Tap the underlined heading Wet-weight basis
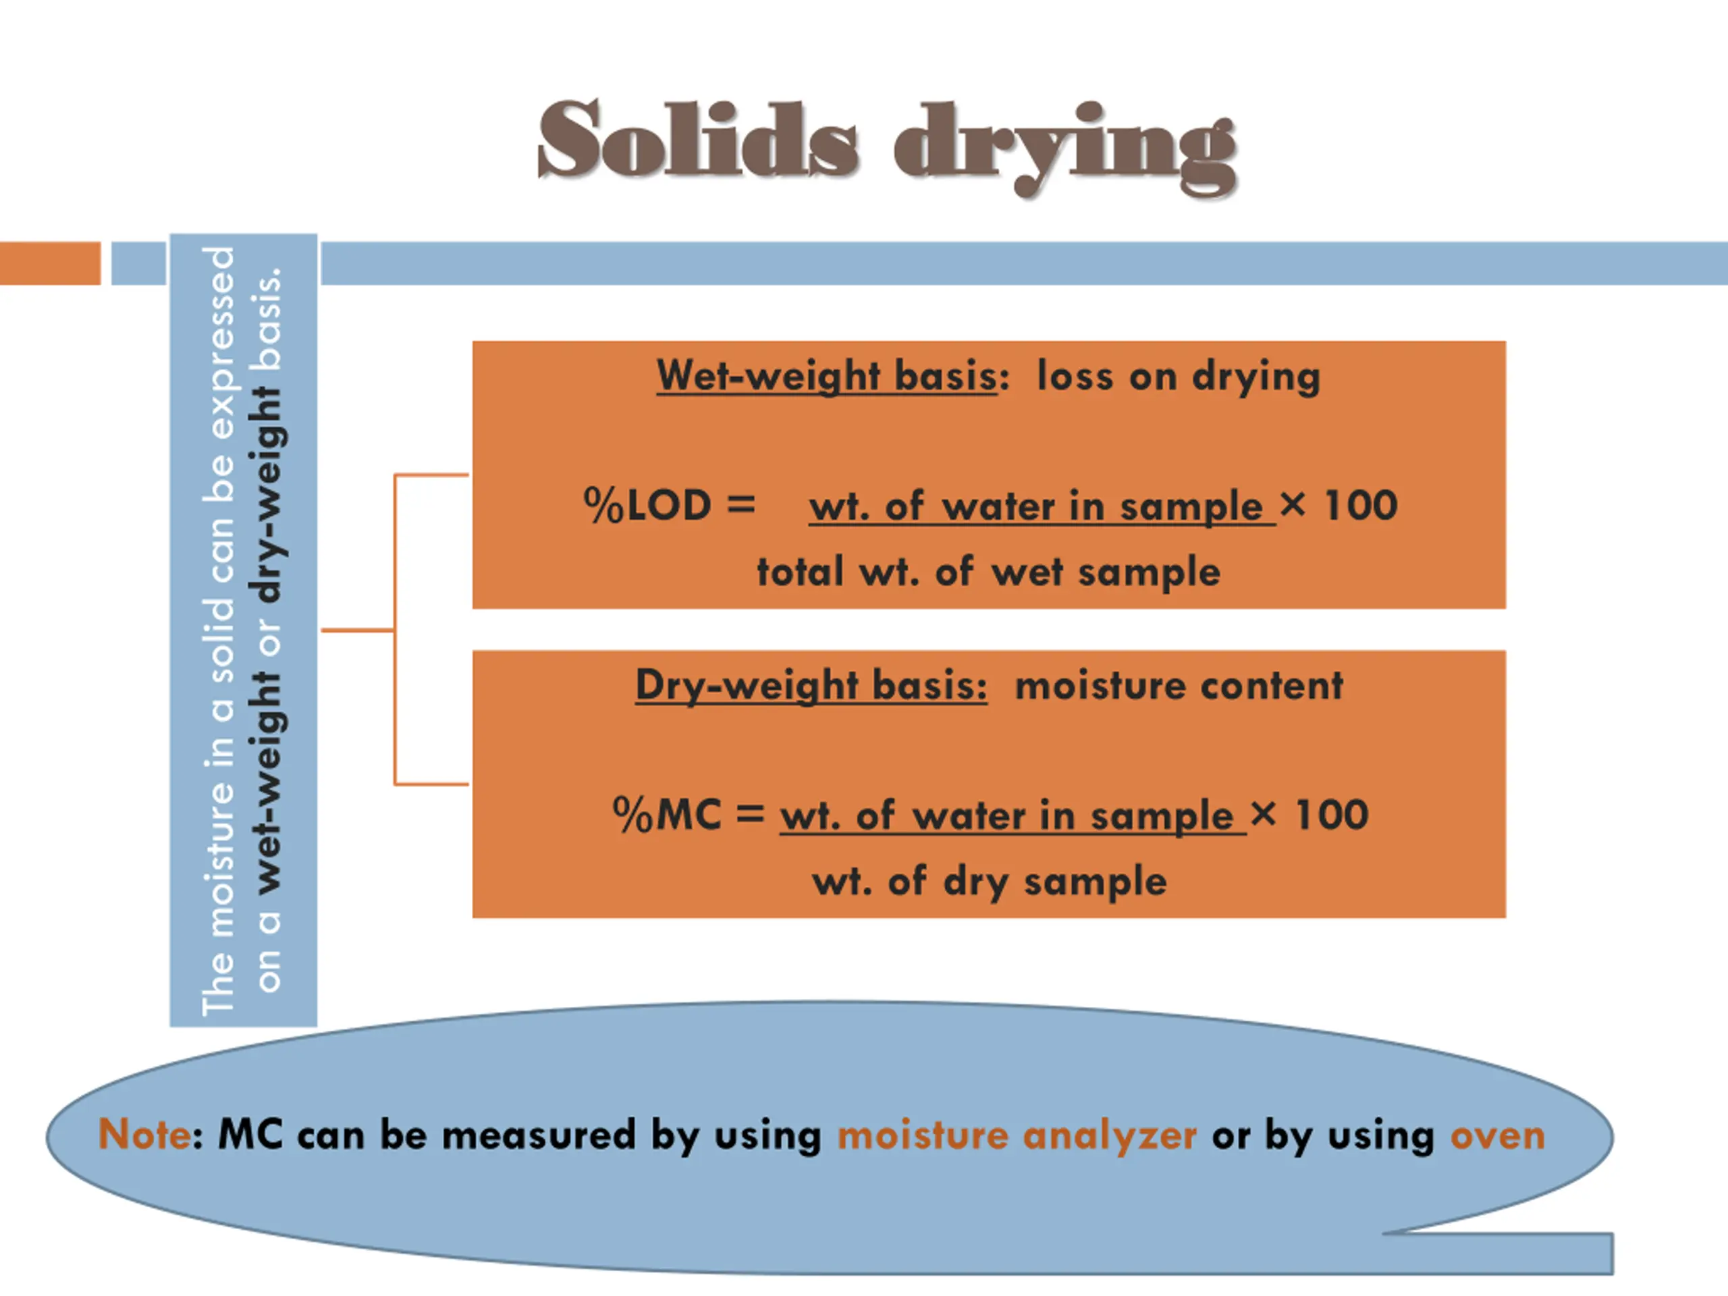click(x=826, y=376)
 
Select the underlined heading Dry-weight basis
click(x=811, y=685)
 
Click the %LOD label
click(x=647, y=505)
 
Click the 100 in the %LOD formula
click(x=1360, y=505)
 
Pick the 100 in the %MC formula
click(x=1331, y=815)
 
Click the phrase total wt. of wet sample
click(x=988, y=571)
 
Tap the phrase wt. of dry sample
click(x=989, y=881)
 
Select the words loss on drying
click(x=1178, y=376)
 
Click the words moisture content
click(x=1178, y=685)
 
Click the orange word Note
click(x=144, y=1133)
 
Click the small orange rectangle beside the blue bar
click(x=50, y=263)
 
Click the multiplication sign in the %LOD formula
click(x=1292, y=504)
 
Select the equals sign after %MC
click(x=749, y=814)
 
